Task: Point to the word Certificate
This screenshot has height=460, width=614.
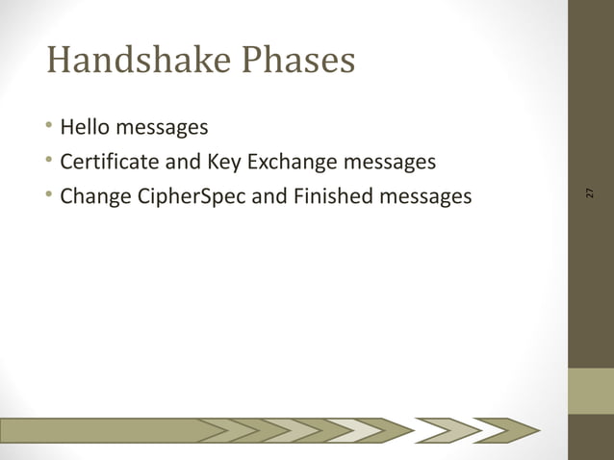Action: (112, 162)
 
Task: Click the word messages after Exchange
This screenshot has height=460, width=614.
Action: (390, 162)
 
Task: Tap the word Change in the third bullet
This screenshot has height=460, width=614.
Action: (93, 197)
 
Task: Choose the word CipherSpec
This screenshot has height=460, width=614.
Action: (188, 197)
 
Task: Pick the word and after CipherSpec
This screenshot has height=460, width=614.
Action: (269, 197)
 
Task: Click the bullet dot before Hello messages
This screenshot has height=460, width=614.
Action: (49, 126)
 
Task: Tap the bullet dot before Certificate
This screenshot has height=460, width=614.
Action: (49, 162)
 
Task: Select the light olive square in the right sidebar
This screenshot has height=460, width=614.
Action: (590, 391)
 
